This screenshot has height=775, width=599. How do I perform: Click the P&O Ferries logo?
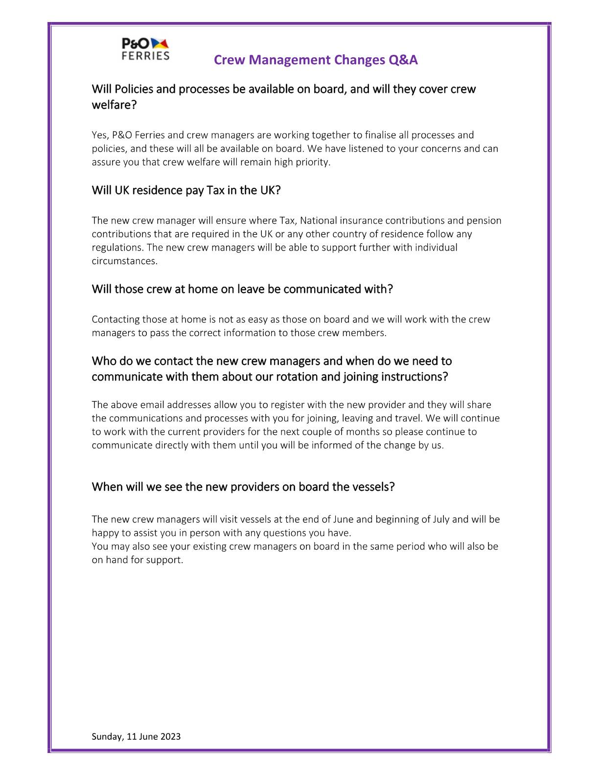click(x=145, y=49)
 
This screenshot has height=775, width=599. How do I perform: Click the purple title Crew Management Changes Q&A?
click(x=316, y=60)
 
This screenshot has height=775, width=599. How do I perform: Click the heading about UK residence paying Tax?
click(x=186, y=190)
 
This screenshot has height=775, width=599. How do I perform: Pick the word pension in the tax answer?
click(x=484, y=220)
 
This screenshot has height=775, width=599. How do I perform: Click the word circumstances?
click(x=124, y=261)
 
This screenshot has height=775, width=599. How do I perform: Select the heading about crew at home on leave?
click(x=242, y=289)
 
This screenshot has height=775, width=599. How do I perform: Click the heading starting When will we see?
click(x=243, y=487)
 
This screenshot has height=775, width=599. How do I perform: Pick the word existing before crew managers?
click(x=210, y=546)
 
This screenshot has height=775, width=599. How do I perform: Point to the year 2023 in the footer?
click(x=170, y=736)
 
